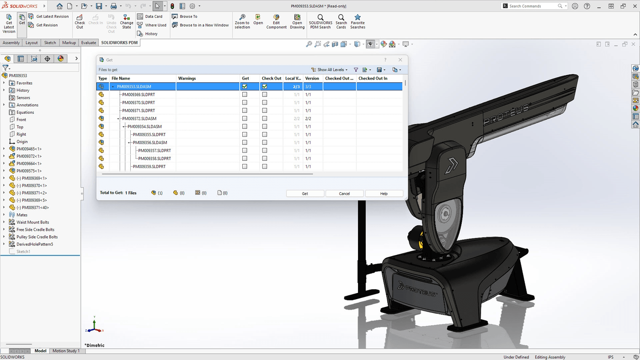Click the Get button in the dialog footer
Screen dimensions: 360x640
(305, 194)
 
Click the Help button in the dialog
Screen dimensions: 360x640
(384, 194)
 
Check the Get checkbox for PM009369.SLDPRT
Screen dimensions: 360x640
(245, 95)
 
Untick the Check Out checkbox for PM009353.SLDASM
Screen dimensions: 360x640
(265, 86)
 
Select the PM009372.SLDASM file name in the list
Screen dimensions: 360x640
(139, 119)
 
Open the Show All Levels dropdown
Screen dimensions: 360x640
(329, 70)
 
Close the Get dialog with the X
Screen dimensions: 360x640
(400, 60)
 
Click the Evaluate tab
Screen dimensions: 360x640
(89, 43)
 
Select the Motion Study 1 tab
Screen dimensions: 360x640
(66, 351)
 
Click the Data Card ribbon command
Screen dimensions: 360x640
(153, 16)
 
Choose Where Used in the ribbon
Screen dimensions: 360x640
(155, 25)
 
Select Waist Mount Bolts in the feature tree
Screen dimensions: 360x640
(33, 222)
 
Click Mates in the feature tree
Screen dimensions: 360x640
(22, 215)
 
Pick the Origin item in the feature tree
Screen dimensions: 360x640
(22, 142)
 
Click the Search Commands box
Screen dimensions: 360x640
(532, 6)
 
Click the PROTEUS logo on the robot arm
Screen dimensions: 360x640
(506, 114)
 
